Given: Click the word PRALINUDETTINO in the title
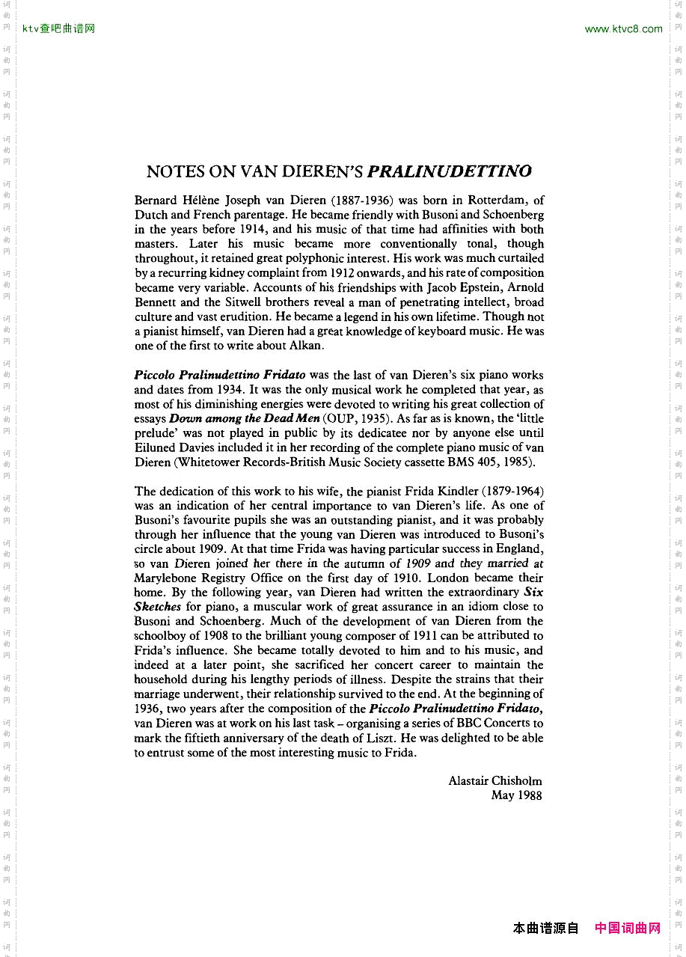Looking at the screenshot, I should (x=450, y=171).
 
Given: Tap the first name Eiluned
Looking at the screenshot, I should (x=155, y=447).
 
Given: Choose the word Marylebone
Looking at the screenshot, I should (x=168, y=578).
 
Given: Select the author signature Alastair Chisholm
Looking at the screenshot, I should (x=494, y=780).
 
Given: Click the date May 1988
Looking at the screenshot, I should (x=516, y=795).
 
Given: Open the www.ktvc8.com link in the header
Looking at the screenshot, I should (x=623, y=29).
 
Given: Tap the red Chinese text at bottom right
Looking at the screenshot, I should (x=628, y=929).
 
